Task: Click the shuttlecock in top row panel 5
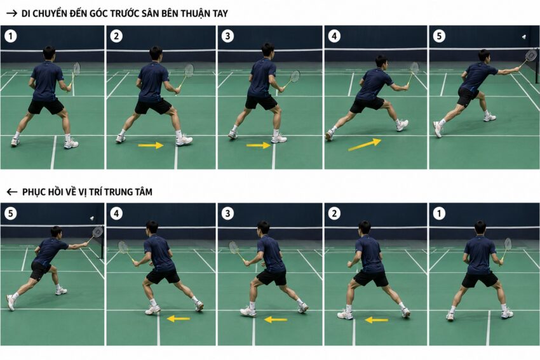[524, 37]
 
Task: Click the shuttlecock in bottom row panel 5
[92, 218]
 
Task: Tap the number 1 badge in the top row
[11, 36]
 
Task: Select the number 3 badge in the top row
[227, 36]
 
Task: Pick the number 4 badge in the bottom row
[116, 213]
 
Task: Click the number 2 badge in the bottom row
[334, 213]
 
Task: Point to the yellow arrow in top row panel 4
[365, 145]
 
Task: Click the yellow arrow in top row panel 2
[151, 145]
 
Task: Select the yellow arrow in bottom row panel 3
[276, 320]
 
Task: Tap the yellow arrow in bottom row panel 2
[377, 320]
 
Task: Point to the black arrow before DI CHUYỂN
[11, 13]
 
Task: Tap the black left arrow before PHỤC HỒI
[11, 192]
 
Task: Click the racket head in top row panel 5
[531, 55]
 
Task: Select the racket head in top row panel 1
[76, 68]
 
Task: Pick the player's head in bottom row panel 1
[480, 227]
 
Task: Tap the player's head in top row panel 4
[381, 62]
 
